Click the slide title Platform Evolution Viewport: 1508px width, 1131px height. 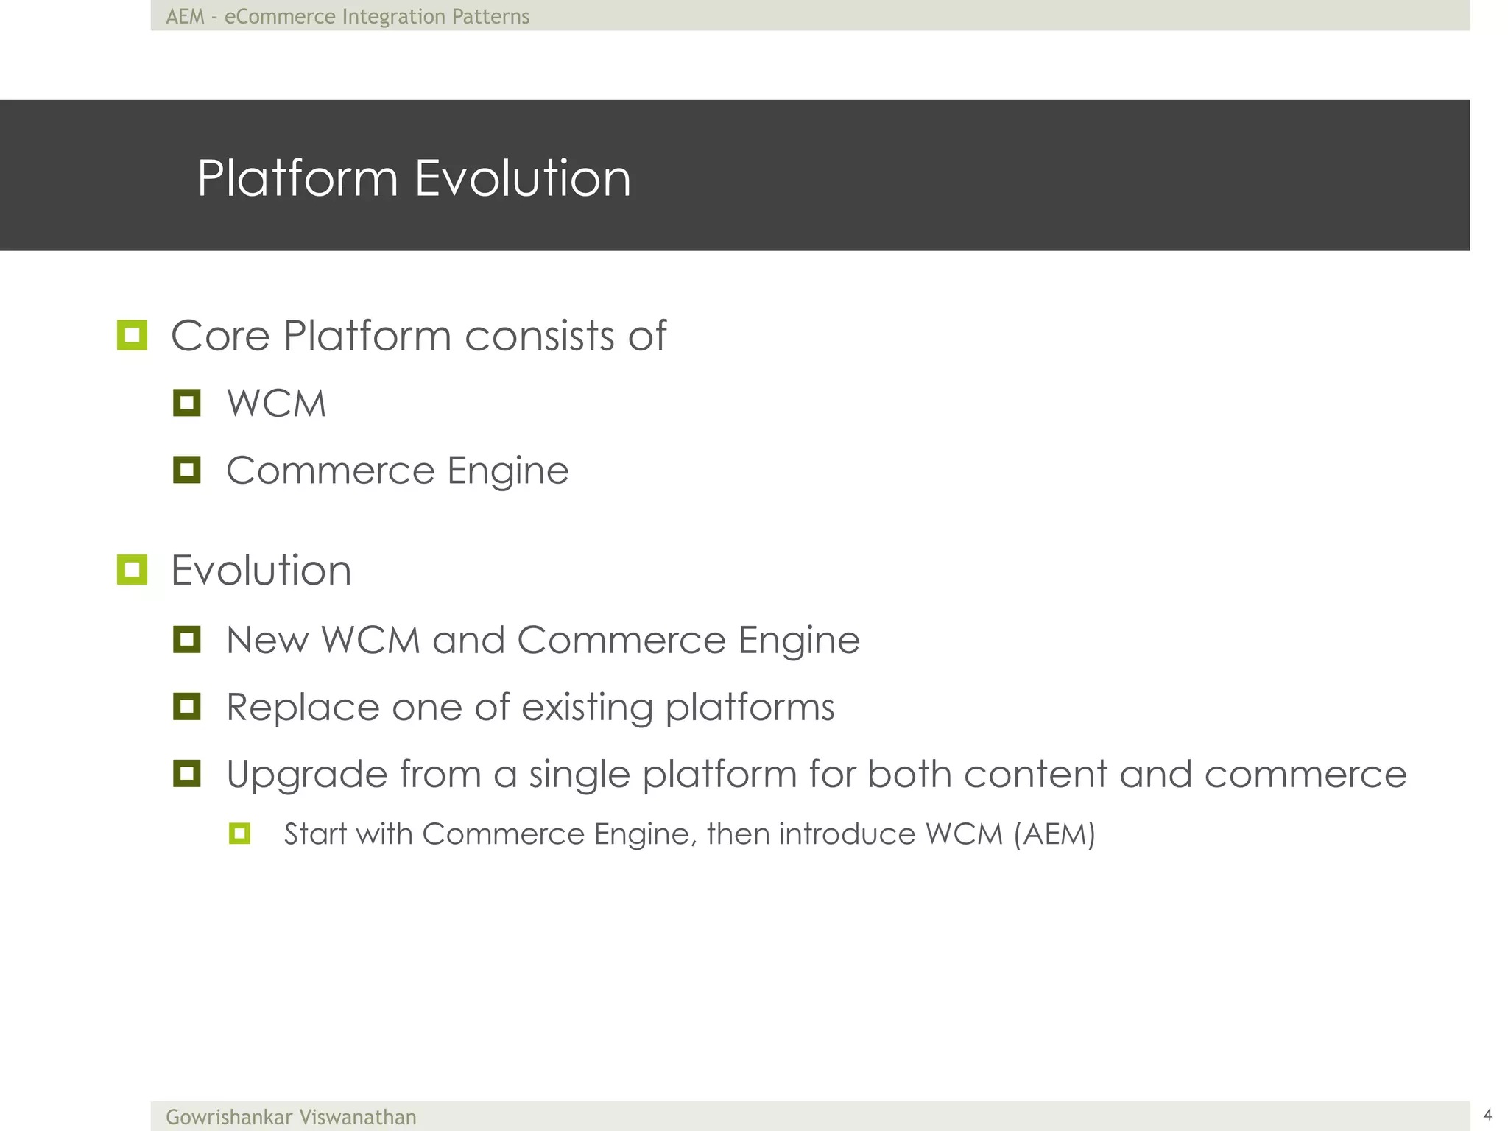pos(414,178)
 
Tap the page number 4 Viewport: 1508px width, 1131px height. pos(1487,1114)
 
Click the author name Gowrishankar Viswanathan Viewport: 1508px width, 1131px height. pos(291,1117)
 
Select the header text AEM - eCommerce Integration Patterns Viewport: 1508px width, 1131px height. pos(348,16)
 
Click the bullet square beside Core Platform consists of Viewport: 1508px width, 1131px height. pos(133,336)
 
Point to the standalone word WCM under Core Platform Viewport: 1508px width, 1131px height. pos(276,404)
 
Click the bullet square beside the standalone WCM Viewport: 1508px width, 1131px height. pos(187,403)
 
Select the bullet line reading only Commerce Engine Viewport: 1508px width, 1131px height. pos(398,471)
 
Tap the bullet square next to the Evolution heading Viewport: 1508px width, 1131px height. pos(133,570)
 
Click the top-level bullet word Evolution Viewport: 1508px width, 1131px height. pos(261,571)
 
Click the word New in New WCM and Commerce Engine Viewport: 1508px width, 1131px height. pos(267,640)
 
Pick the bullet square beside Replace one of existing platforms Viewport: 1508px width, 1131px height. pos(187,707)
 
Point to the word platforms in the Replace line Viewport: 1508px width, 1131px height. pos(750,708)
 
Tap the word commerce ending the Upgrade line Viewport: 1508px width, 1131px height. pos(1306,775)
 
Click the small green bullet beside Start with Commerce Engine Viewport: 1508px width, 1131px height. pos(240,834)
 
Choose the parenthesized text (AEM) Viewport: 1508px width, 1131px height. pos(1054,834)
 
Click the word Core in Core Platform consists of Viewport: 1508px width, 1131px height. pos(221,336)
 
